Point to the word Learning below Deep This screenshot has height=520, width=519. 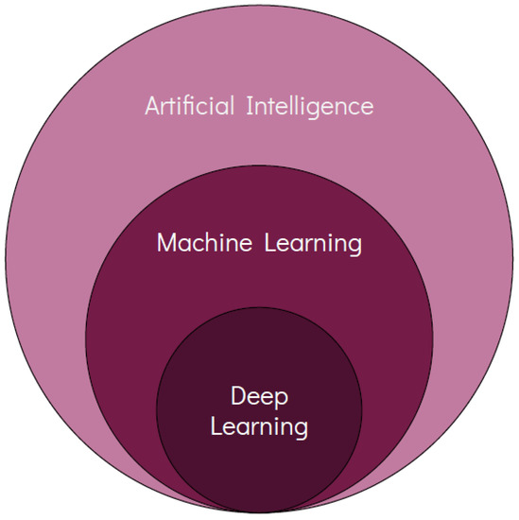pos(259,427)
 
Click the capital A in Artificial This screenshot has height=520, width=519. pos(152,105)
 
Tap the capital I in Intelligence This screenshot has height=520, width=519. pos(252,105)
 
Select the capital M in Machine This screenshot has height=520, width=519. pos(167,243)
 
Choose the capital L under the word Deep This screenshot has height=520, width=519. pos(216,426)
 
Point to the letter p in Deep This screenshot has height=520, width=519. pos(281,400)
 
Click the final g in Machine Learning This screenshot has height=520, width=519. pos(354,247)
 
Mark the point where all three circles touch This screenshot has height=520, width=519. pos(259,511)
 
